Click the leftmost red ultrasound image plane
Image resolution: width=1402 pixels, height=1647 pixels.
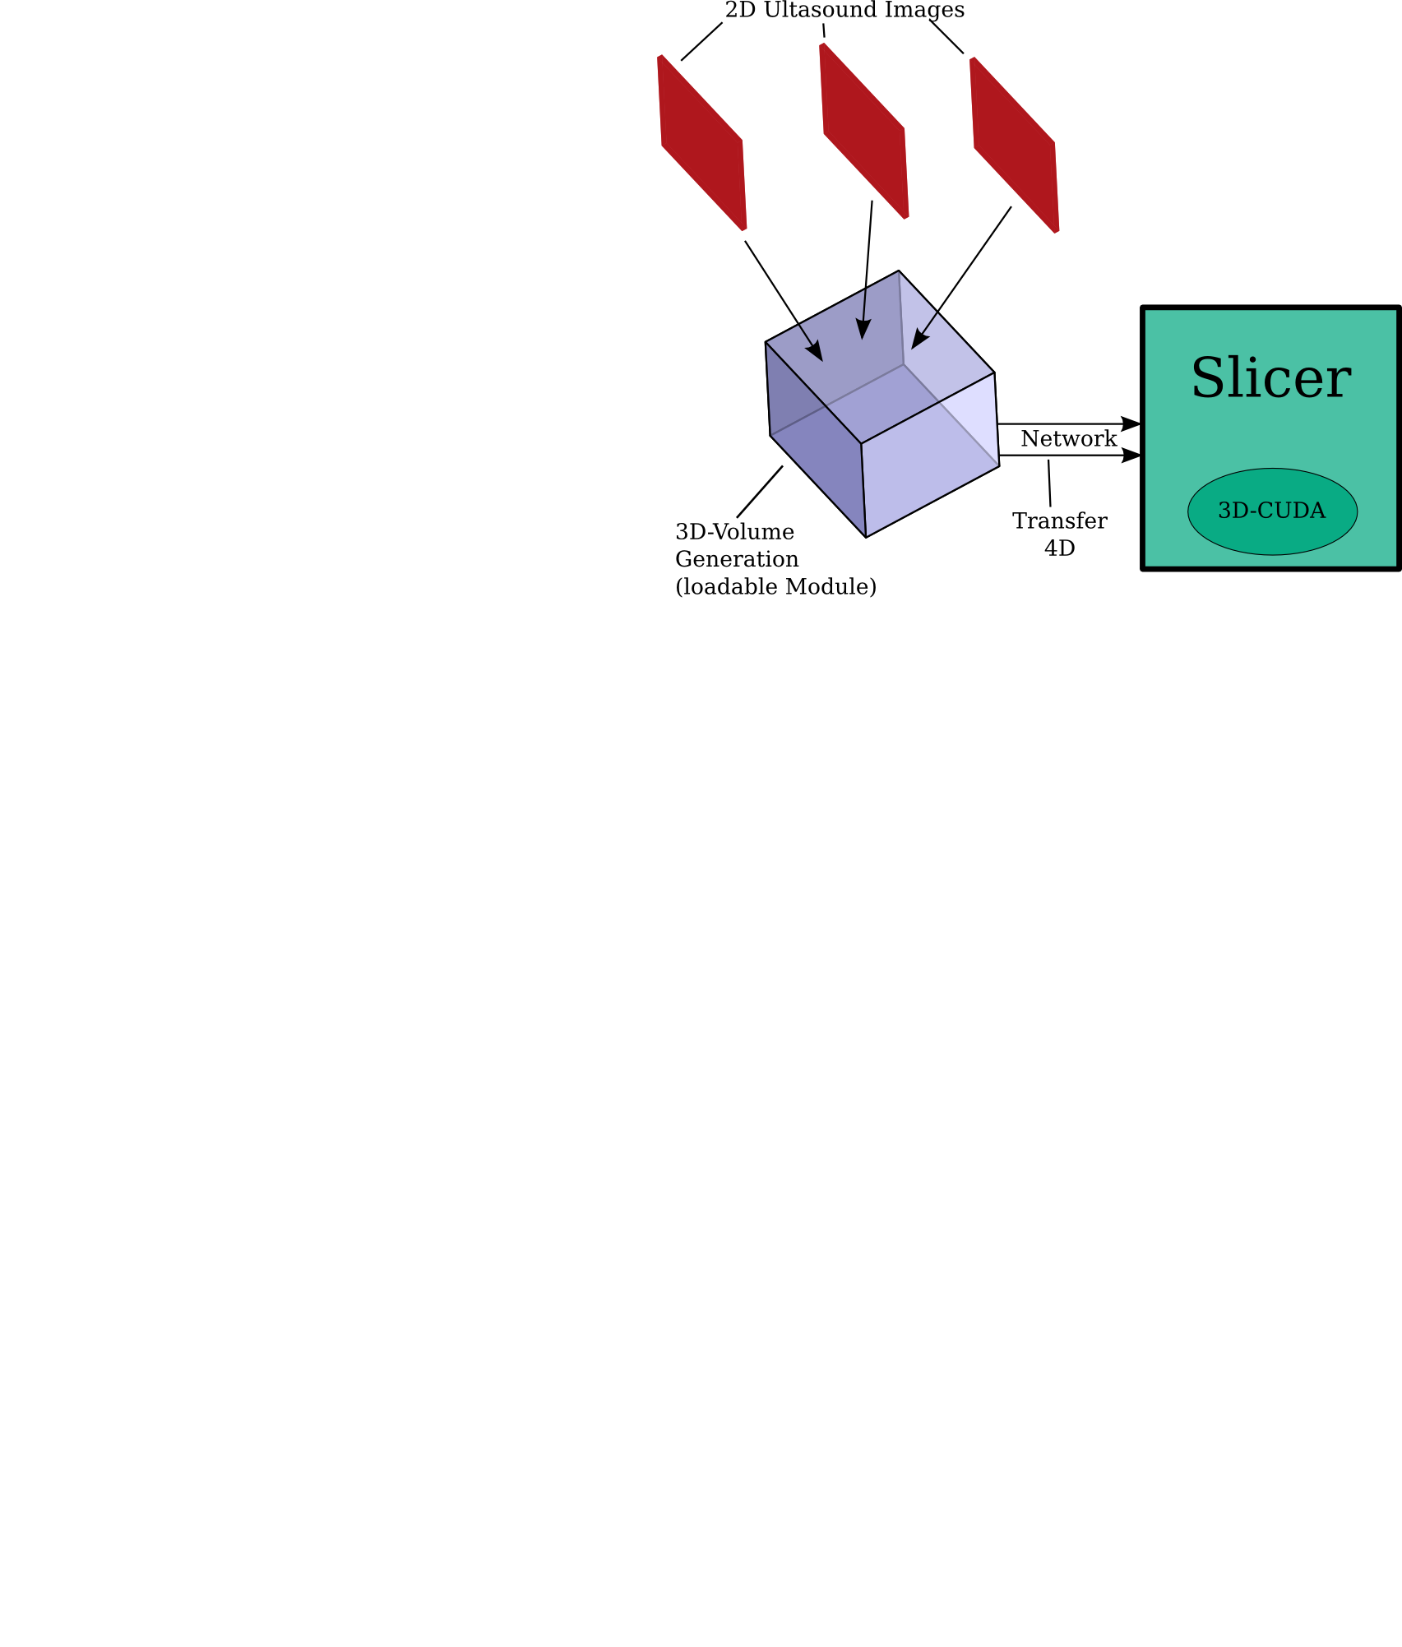702,142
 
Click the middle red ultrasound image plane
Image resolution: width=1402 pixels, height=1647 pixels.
864,131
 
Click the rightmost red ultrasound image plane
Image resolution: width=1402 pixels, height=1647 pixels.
1014,145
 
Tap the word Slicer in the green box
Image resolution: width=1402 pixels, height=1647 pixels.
1270,378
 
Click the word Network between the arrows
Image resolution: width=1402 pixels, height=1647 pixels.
1068,439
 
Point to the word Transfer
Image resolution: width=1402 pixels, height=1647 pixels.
1059,521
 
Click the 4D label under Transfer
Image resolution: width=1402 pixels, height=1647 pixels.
1059,548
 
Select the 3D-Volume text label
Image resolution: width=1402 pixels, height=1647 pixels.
734,532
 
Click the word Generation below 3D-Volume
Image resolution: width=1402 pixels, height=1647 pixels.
737,560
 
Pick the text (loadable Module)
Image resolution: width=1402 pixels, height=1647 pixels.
775,587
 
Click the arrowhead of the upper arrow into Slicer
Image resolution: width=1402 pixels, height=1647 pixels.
1131,424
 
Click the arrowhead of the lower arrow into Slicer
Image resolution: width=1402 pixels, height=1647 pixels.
1131,456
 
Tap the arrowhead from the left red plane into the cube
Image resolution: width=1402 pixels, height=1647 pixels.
816,352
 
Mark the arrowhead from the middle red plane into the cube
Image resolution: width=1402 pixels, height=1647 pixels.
862,329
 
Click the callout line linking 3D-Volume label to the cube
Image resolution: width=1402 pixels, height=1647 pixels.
760,492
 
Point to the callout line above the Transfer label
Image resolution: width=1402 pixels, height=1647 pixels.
1049,483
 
